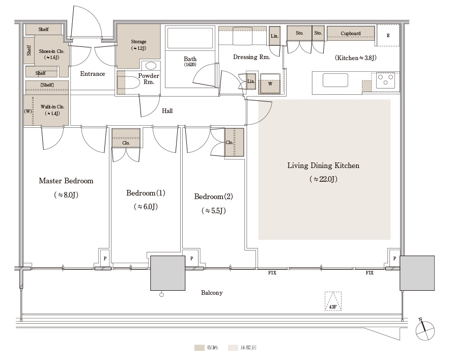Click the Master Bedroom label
[66, 181]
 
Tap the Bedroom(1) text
[146, 193]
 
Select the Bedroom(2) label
[213, 197]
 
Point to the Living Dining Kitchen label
[323, 165]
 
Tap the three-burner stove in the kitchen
[386, 80]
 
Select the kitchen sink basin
[335, 80]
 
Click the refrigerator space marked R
[388, 36]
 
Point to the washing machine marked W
[270, 84]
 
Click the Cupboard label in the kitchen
[351, 34]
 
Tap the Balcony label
[212, 293]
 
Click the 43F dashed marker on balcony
[333, 301]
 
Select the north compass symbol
[425, 329]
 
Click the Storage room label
[138, 42]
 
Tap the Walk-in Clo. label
[52, 107]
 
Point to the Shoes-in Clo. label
[51, 51]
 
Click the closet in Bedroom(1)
[126, 138]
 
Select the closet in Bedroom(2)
[234, 142]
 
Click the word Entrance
[93, 74]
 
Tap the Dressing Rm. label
[251, 57]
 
